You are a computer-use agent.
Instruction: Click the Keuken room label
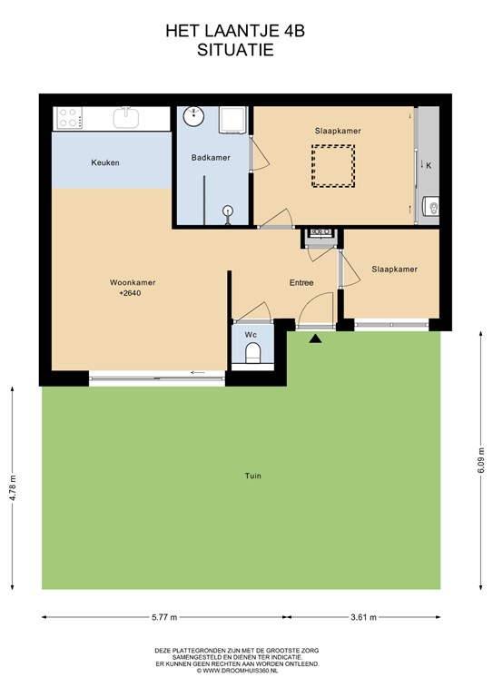(x=105, y=162)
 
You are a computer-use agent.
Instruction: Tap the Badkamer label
(x=211, y=157)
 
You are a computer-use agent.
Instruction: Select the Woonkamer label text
(x=133, y=282)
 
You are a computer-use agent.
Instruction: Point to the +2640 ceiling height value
(x=130, y=293)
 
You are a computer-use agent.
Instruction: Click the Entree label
(x=301, y=282)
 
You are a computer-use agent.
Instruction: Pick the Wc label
(x=251, y=335)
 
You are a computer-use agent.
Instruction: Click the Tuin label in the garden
(x=253, y=476)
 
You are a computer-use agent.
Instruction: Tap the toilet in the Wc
(x=252, y=352)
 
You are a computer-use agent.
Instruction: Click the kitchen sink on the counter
(x=126, y=118)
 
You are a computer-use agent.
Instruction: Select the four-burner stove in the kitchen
(x=68, y=118)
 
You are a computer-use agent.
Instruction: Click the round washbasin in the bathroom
(x=193, y=116)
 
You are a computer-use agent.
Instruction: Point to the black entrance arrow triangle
(x=316, y=339)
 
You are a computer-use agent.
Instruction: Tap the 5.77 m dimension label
(x=164, y=617)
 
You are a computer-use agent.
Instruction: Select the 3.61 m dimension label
(x=364, y=617)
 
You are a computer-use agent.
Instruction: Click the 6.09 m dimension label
(x=481, y=462)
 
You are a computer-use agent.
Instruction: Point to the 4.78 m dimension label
(x=13, y=488)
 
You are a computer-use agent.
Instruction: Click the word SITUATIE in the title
(x=235, y=50)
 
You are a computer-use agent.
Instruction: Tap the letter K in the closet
(x=429, y=166)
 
